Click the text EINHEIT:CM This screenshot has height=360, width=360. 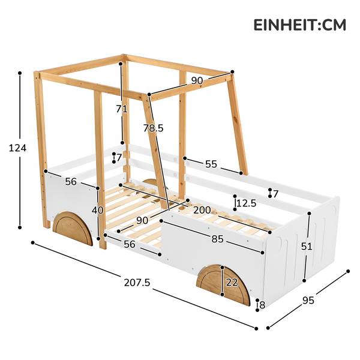[299, 25]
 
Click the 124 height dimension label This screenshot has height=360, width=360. [17, 148]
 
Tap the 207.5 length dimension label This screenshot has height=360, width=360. [137, 282]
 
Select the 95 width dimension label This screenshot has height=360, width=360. [308, 301]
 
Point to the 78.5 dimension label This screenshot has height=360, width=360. [154, 128]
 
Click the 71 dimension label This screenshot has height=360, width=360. [121, 109]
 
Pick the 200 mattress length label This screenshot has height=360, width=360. [202, 210]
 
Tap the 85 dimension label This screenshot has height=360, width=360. [217, 239]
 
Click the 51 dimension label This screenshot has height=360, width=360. [307, 247]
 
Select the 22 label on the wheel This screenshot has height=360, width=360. [232, 282]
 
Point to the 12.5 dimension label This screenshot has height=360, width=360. [247, 203]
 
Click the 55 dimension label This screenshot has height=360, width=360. [211, 164]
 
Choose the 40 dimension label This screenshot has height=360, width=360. [98, 210]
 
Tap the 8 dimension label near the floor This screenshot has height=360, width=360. [262, 305]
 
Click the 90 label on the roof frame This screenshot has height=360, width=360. [197, 80]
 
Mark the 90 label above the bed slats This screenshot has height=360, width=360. [142, 220]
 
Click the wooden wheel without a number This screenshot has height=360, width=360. [73, 229]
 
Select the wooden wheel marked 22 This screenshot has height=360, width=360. [223, 285]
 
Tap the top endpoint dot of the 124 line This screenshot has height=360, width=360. [20, 73]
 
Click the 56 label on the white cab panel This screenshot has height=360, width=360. [71, 182]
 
